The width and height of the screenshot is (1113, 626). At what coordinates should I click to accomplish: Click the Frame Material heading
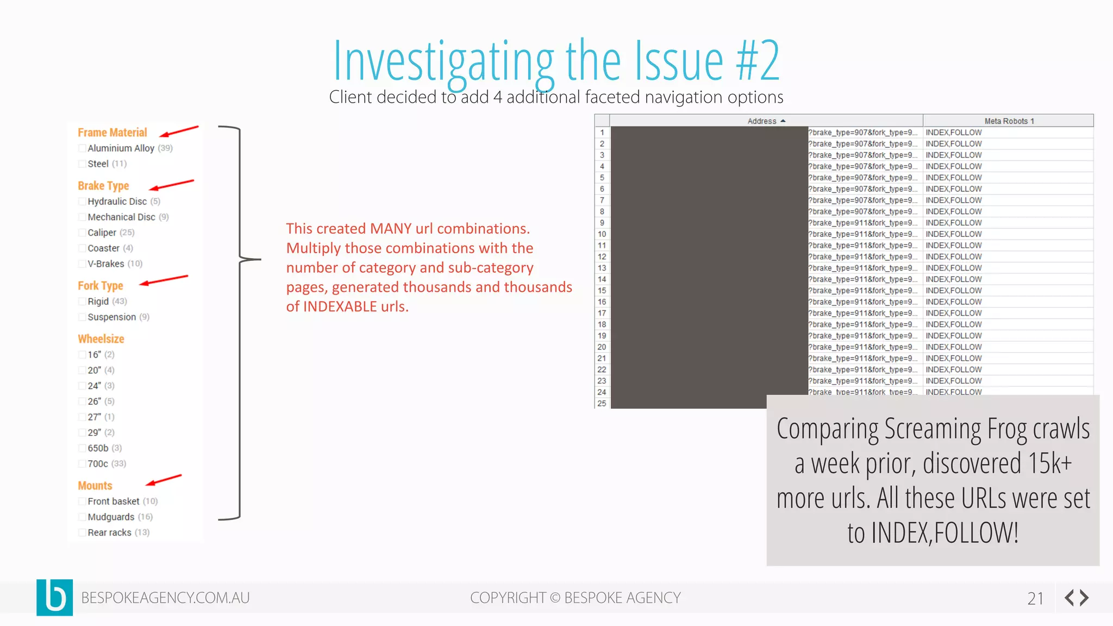point(112,133)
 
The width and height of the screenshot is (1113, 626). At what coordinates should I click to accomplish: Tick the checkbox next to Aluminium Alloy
point(82,148)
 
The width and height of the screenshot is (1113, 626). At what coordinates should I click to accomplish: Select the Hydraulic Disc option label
point(117,202)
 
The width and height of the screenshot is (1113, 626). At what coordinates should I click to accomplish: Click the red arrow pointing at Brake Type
point(171,185)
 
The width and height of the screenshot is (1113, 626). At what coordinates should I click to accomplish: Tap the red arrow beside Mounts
point(163,480)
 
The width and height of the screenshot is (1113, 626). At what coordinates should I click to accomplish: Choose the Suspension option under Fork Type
point(111,317)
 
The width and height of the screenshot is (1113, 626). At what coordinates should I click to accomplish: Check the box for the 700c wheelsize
point(82,464)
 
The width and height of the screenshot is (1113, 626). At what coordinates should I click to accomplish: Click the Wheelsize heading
point(101,339)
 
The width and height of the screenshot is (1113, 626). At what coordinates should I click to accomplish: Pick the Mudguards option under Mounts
point(111,517)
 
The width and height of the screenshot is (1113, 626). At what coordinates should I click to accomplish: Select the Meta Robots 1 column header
point(1009,121)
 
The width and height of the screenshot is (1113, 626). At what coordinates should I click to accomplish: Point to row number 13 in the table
point(602,268)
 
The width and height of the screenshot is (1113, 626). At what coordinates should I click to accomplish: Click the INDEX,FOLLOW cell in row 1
point(953,133)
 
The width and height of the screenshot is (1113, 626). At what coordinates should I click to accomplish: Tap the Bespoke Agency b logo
point(54,597)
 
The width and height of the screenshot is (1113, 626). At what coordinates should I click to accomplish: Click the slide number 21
point(1035,598)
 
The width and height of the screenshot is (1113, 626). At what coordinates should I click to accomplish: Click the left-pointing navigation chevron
point(1069,598)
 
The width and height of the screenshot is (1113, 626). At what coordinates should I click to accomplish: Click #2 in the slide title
point(758,61)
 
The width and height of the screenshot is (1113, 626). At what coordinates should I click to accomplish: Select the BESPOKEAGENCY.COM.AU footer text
point(165,598)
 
